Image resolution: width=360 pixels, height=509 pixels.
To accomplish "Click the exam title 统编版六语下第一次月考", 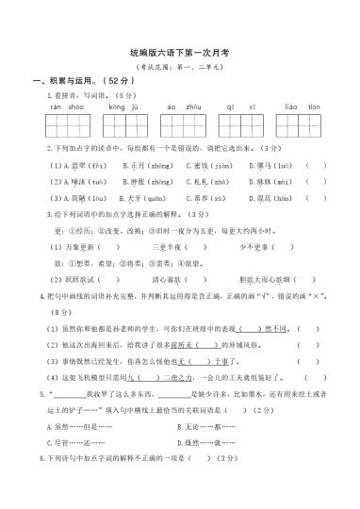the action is (x=180, y=56).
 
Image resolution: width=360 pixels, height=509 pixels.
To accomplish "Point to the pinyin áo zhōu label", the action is (x=180, y=107).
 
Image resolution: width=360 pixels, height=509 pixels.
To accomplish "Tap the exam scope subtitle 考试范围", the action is (x=180, y=70).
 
